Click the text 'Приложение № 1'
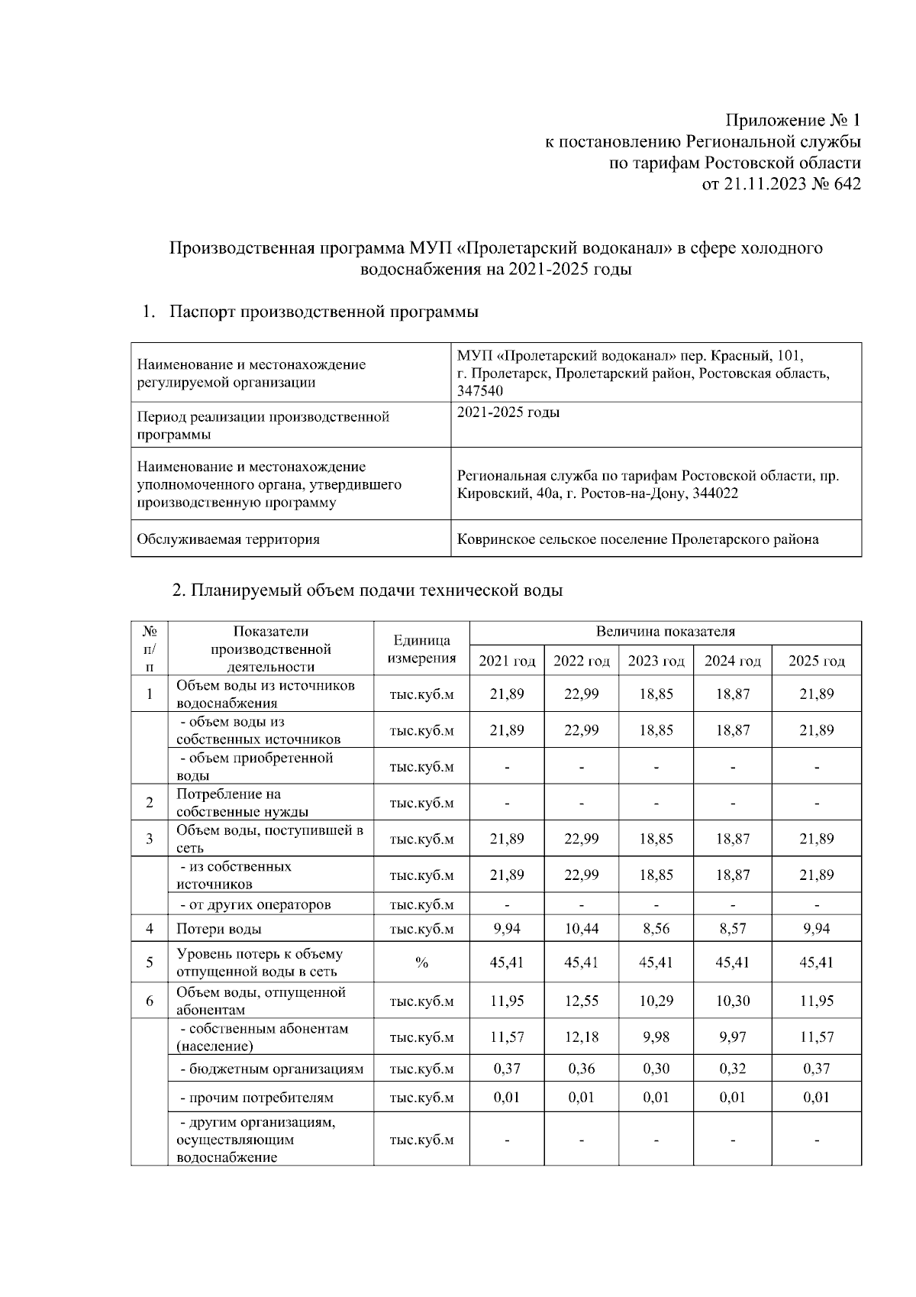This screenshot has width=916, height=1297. click(x=792, y=121)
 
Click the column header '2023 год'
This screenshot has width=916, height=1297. click(x=656, y=661)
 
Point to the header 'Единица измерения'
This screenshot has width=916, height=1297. click(x=421, y=649)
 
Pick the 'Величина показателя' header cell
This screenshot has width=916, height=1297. click(x=665, y=632)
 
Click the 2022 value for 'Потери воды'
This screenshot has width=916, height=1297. click(x=581, y=929)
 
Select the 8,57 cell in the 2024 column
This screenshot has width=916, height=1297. click(x=732, y=929)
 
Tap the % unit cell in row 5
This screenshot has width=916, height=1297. click(x=421, y=962)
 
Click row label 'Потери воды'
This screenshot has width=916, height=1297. click(x=219, y=929)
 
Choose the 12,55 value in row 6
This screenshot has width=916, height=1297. click(x=581, y=1001)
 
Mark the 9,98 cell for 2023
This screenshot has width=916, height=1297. click(x=656, y=1037)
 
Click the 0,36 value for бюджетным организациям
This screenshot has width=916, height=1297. click(x=581, y=1069)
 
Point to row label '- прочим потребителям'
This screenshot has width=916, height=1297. click(x=256, y=1098)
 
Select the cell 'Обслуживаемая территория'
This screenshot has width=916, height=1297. click(x=228, y=539)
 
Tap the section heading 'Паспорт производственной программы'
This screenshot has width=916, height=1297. click(x=324, y=312)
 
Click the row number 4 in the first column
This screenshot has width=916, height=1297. click(x=150, y=929)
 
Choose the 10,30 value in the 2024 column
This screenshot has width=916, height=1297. click(x=732, y=1001)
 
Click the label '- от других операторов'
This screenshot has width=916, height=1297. click(x=255, y=904)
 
